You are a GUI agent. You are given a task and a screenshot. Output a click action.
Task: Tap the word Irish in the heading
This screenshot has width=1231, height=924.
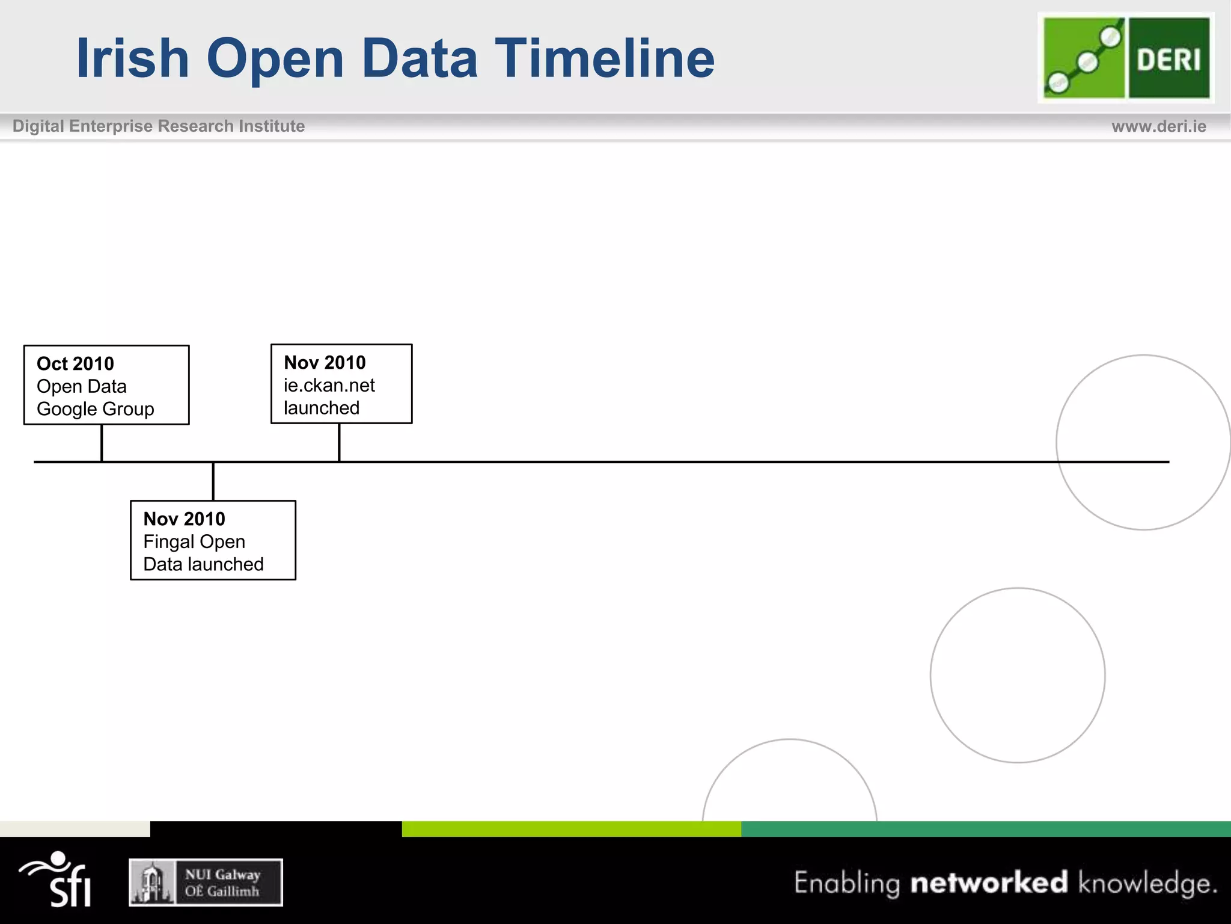[133, 58]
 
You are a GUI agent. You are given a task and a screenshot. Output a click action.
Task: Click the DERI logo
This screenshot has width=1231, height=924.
[1126, 58]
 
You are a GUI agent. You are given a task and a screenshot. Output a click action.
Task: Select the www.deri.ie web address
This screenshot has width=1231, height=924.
[1158, 126]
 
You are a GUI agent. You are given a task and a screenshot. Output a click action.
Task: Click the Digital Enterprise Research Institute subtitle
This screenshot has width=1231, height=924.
[159, 126]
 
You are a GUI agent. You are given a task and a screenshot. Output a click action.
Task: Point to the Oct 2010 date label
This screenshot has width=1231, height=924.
[75, 364]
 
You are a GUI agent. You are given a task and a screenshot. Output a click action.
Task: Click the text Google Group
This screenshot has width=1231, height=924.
[96, 409]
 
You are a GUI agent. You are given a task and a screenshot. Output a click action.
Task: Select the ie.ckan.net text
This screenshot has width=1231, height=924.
[329, 386]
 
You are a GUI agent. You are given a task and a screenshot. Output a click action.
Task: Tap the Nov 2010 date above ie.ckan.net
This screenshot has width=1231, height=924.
[325, 363]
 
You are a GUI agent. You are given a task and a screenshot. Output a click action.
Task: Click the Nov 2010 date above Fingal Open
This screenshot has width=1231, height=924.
[184, 519]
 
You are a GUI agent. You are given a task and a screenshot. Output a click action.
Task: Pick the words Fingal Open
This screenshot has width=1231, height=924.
[194, 542]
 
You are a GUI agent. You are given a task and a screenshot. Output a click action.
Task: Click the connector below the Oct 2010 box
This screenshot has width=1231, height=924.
[102, 443]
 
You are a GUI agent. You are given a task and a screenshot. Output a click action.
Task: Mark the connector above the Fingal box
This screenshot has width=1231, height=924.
[213, 481]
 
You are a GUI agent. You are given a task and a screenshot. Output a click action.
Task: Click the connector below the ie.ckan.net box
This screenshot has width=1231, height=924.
[339, 442]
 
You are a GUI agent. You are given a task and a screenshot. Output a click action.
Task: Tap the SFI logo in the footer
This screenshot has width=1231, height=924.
[57, 880]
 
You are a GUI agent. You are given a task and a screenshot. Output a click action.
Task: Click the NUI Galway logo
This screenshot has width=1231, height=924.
[206, 882]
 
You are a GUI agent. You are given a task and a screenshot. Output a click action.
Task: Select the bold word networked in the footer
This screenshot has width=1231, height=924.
[989, 882]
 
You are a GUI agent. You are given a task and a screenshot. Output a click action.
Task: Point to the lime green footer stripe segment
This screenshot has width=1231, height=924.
[571, 829]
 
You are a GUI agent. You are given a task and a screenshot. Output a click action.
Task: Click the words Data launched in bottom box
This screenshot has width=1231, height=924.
[203, 564]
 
